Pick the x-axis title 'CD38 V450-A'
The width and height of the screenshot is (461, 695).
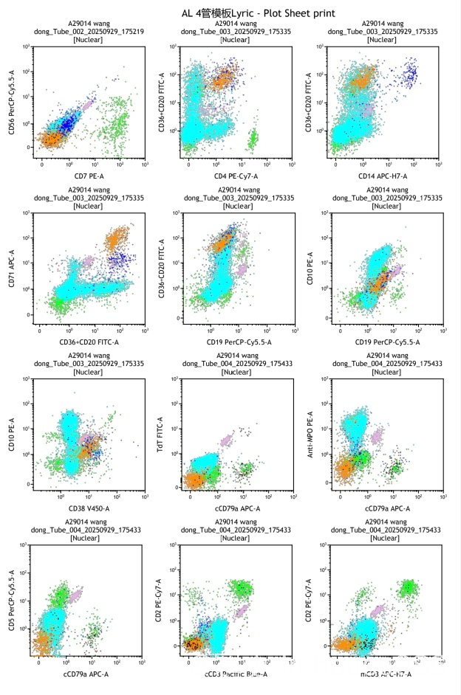tap(87, 507)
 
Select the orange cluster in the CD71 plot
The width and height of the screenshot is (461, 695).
tap(116, 240)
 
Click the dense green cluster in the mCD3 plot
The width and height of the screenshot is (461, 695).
tap(409, 587)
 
